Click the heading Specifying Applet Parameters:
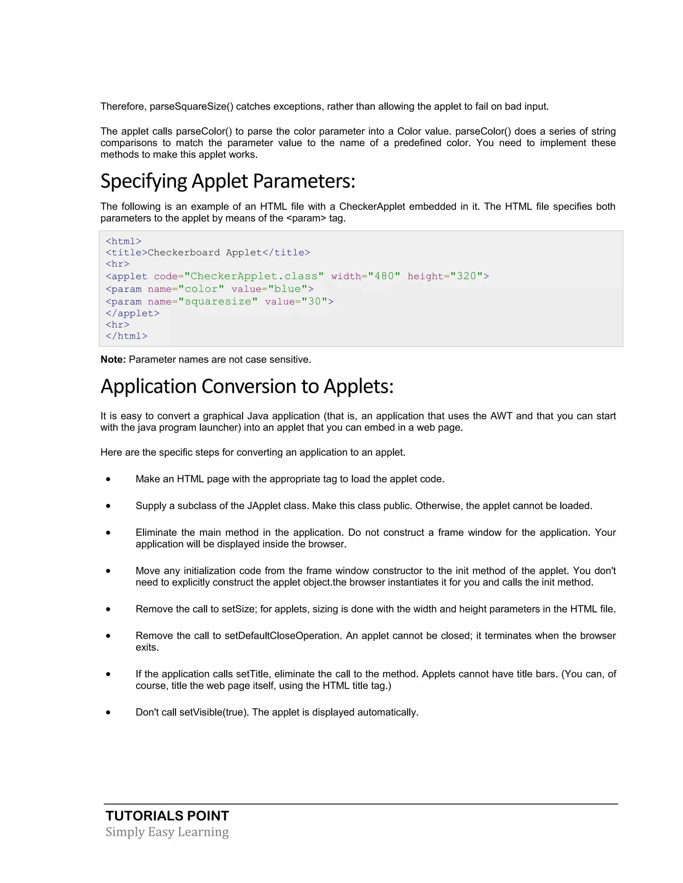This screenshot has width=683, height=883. [227, 181]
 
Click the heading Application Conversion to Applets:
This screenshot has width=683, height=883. [247, 387]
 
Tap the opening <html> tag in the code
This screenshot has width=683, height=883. [123, 241]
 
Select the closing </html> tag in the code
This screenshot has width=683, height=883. [126, 336]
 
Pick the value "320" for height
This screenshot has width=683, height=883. [467, 276]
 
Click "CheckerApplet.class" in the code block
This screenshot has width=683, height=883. [254, 276]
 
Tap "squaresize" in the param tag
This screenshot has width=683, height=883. [218, 302]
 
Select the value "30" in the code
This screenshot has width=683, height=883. [314, 302]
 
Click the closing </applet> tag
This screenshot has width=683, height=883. [132, 313]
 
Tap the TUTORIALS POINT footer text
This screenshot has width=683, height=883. [167, 816]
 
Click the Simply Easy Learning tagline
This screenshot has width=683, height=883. [167, 832]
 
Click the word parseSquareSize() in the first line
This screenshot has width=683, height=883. [191, 106]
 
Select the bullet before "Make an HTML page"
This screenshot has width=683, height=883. [108, 479]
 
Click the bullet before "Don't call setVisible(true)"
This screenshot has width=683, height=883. [108, 712]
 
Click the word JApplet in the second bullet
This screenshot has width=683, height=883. [262, 506]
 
